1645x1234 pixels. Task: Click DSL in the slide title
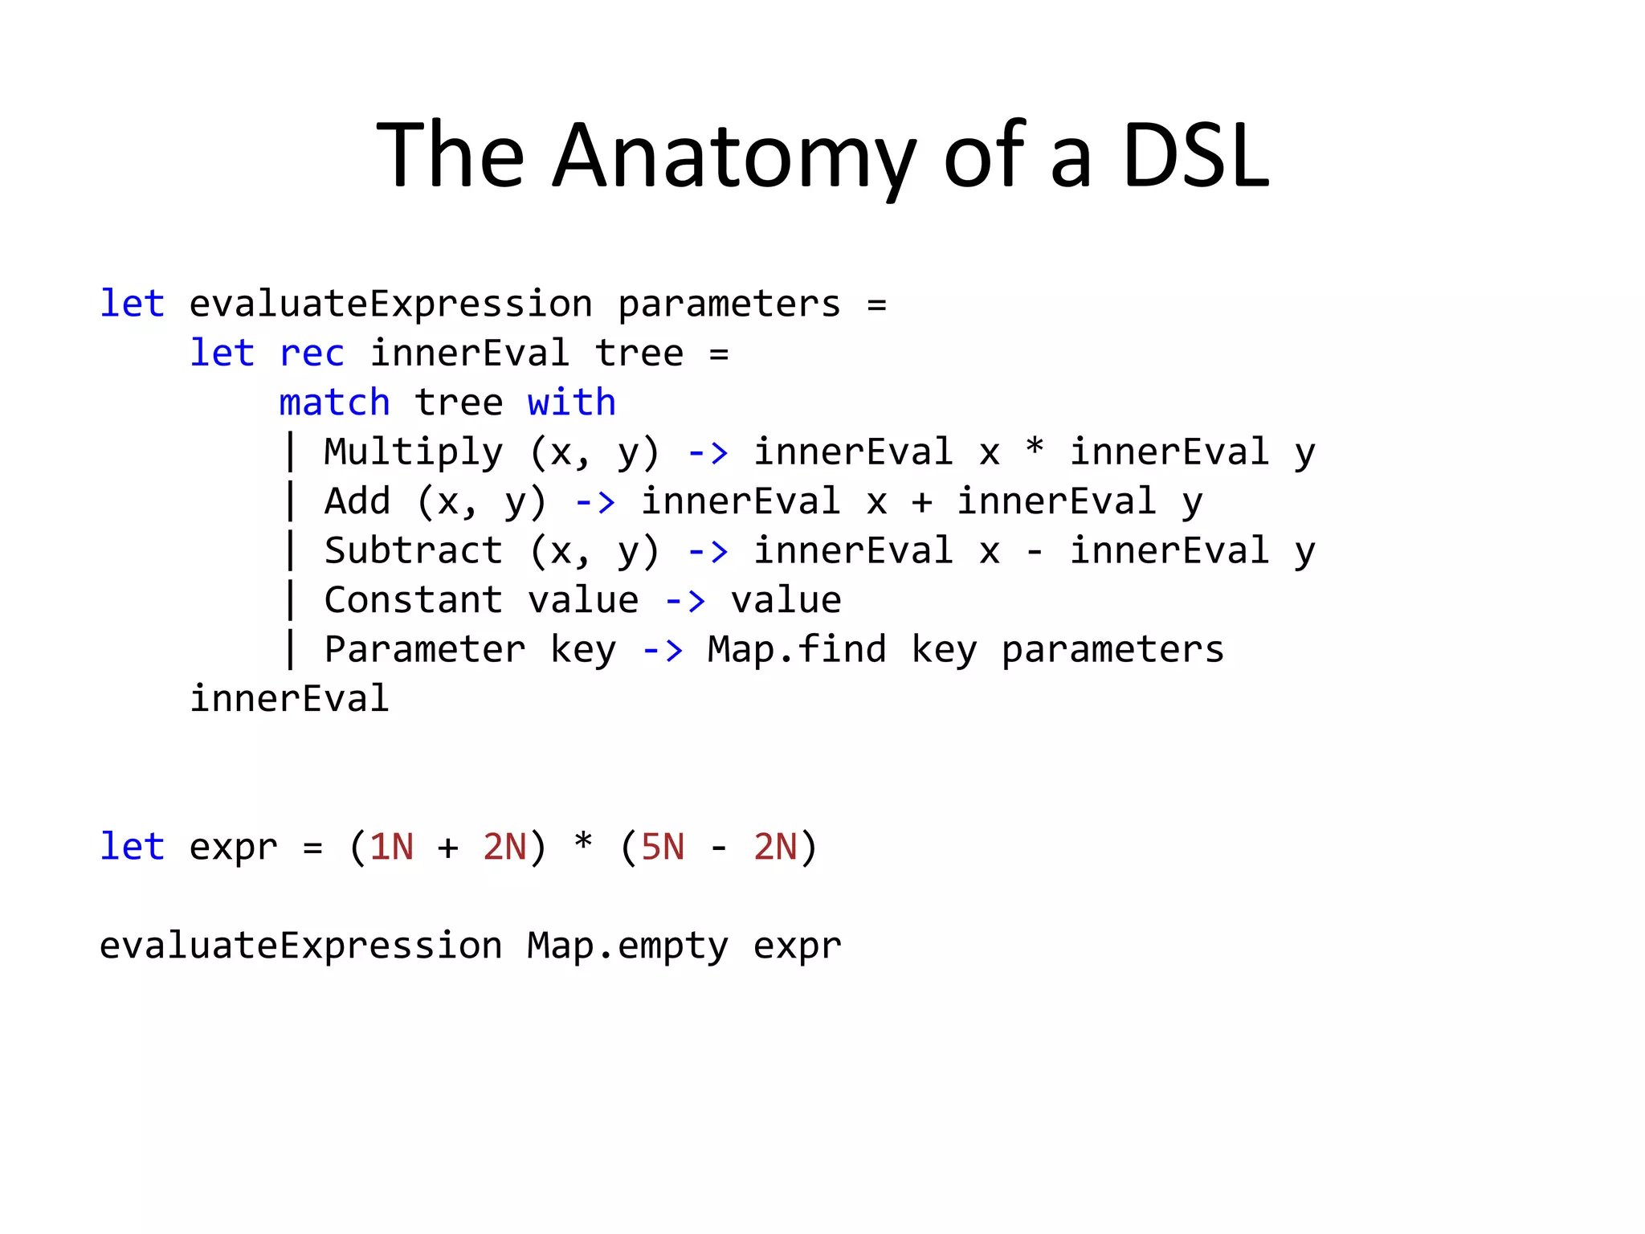[1195, 156]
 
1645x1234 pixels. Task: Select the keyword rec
[312, 353]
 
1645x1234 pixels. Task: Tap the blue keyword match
[334, 402]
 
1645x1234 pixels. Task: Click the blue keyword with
[571, 402]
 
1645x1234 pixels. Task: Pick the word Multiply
[413, 452]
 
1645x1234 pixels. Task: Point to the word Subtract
[413, 551]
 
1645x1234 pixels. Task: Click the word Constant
[413, 600]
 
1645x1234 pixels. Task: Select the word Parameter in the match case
[424, 649]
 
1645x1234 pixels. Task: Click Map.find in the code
[796, 649]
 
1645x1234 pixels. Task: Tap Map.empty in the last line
[627, 946]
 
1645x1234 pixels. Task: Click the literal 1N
[391, 848]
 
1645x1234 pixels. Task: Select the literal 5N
[663, 848]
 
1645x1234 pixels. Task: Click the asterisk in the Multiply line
[1035, 447]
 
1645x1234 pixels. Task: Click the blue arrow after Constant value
[685, 601]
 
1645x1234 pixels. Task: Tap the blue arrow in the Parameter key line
[663, 650]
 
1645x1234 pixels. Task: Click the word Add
[357, 501]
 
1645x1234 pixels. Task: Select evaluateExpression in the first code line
[390, 304]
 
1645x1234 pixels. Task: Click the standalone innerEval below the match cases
[289, 699]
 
